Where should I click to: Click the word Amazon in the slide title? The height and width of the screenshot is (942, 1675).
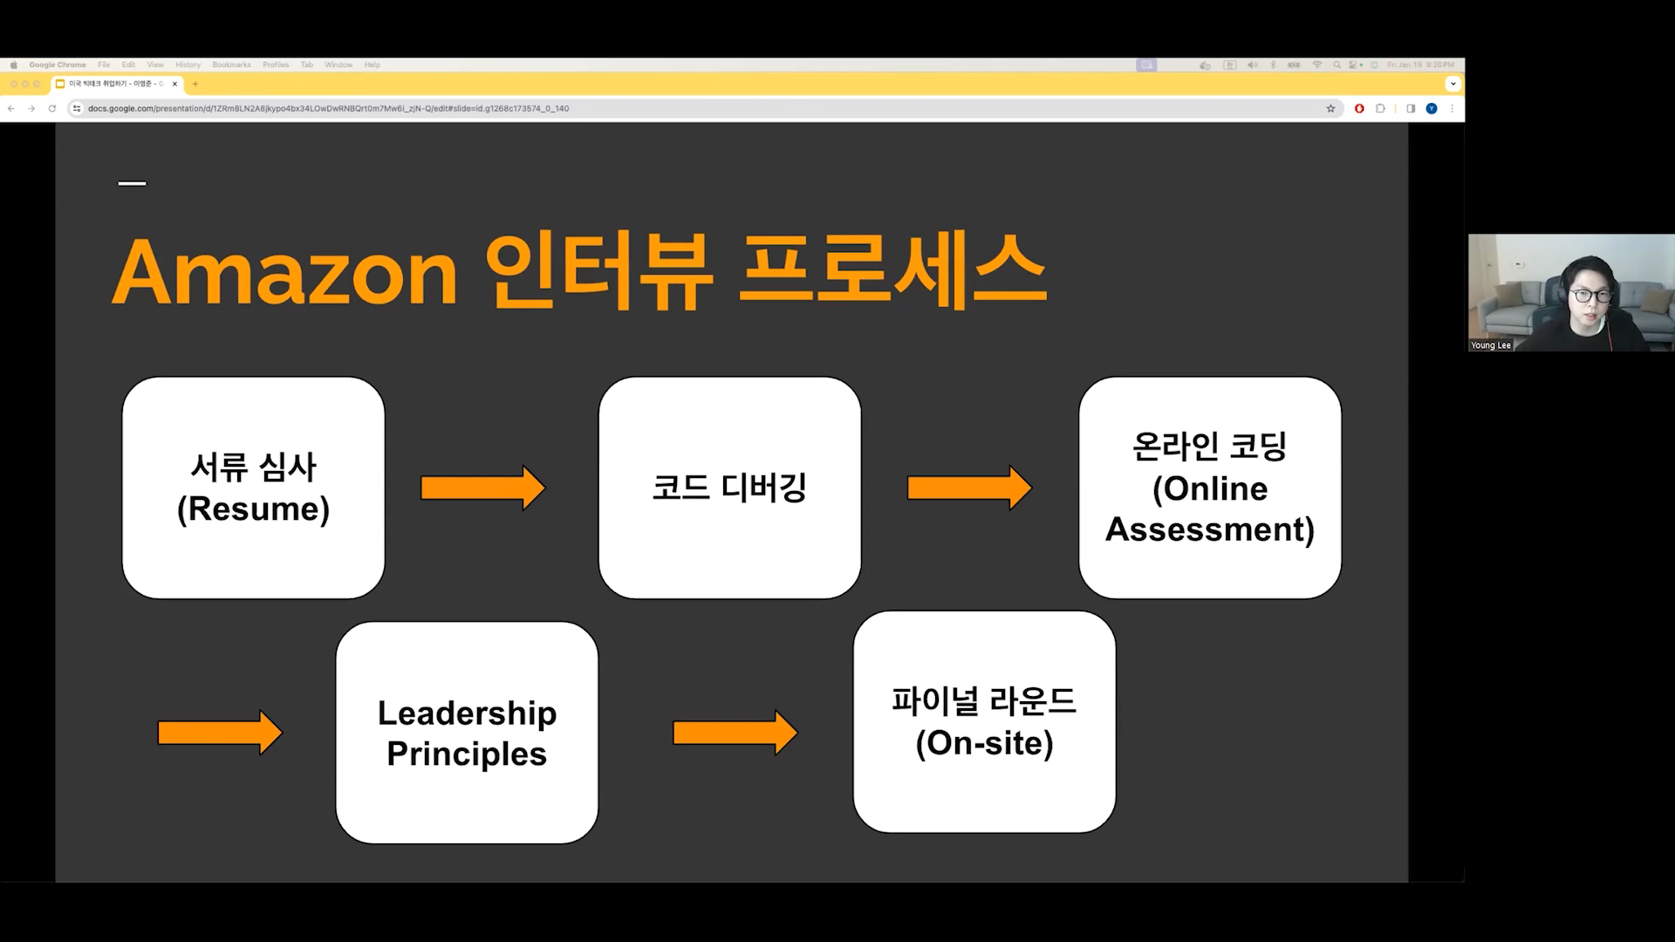coord(284,272)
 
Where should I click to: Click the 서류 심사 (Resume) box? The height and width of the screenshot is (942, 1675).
coord(253,488)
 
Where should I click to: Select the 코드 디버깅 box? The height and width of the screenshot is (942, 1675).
coord(729,488)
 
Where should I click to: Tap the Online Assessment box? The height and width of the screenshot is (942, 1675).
coord(1209,488)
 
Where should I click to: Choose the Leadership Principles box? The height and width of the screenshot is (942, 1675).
coord(467,733)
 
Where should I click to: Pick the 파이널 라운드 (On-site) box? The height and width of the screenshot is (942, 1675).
coord(984,722)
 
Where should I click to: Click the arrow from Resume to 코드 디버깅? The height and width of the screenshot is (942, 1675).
coord(482,488)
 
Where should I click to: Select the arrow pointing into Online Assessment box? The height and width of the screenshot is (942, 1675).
coord(968,488)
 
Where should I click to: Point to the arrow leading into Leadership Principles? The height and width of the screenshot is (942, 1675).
coord(219,733)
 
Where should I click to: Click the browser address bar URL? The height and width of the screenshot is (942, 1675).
coord(328,109)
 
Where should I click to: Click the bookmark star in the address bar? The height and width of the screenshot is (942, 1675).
coord(1330,109)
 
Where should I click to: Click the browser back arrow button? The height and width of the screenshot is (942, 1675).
coord(11,109)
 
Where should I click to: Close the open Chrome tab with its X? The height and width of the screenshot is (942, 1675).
coord(175,84)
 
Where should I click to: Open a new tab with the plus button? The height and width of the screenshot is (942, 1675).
coord(195,84)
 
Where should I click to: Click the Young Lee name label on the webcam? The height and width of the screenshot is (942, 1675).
coord(1490,345)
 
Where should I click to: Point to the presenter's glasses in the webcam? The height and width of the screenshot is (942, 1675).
coord(1590,296)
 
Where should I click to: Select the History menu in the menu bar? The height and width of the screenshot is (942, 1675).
coord(188,65)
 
